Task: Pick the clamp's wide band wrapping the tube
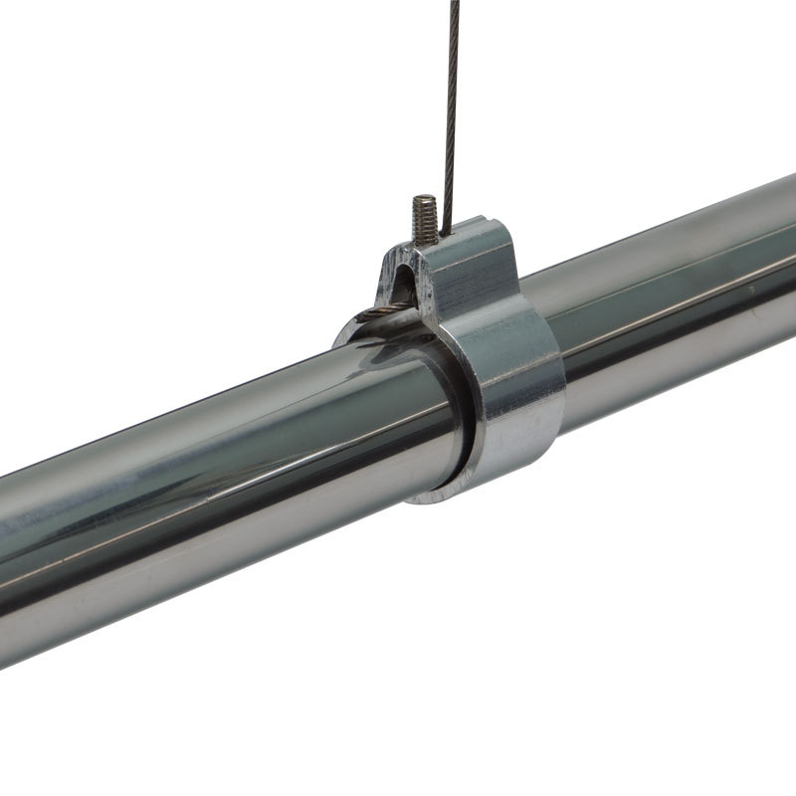tap(517, 378)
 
